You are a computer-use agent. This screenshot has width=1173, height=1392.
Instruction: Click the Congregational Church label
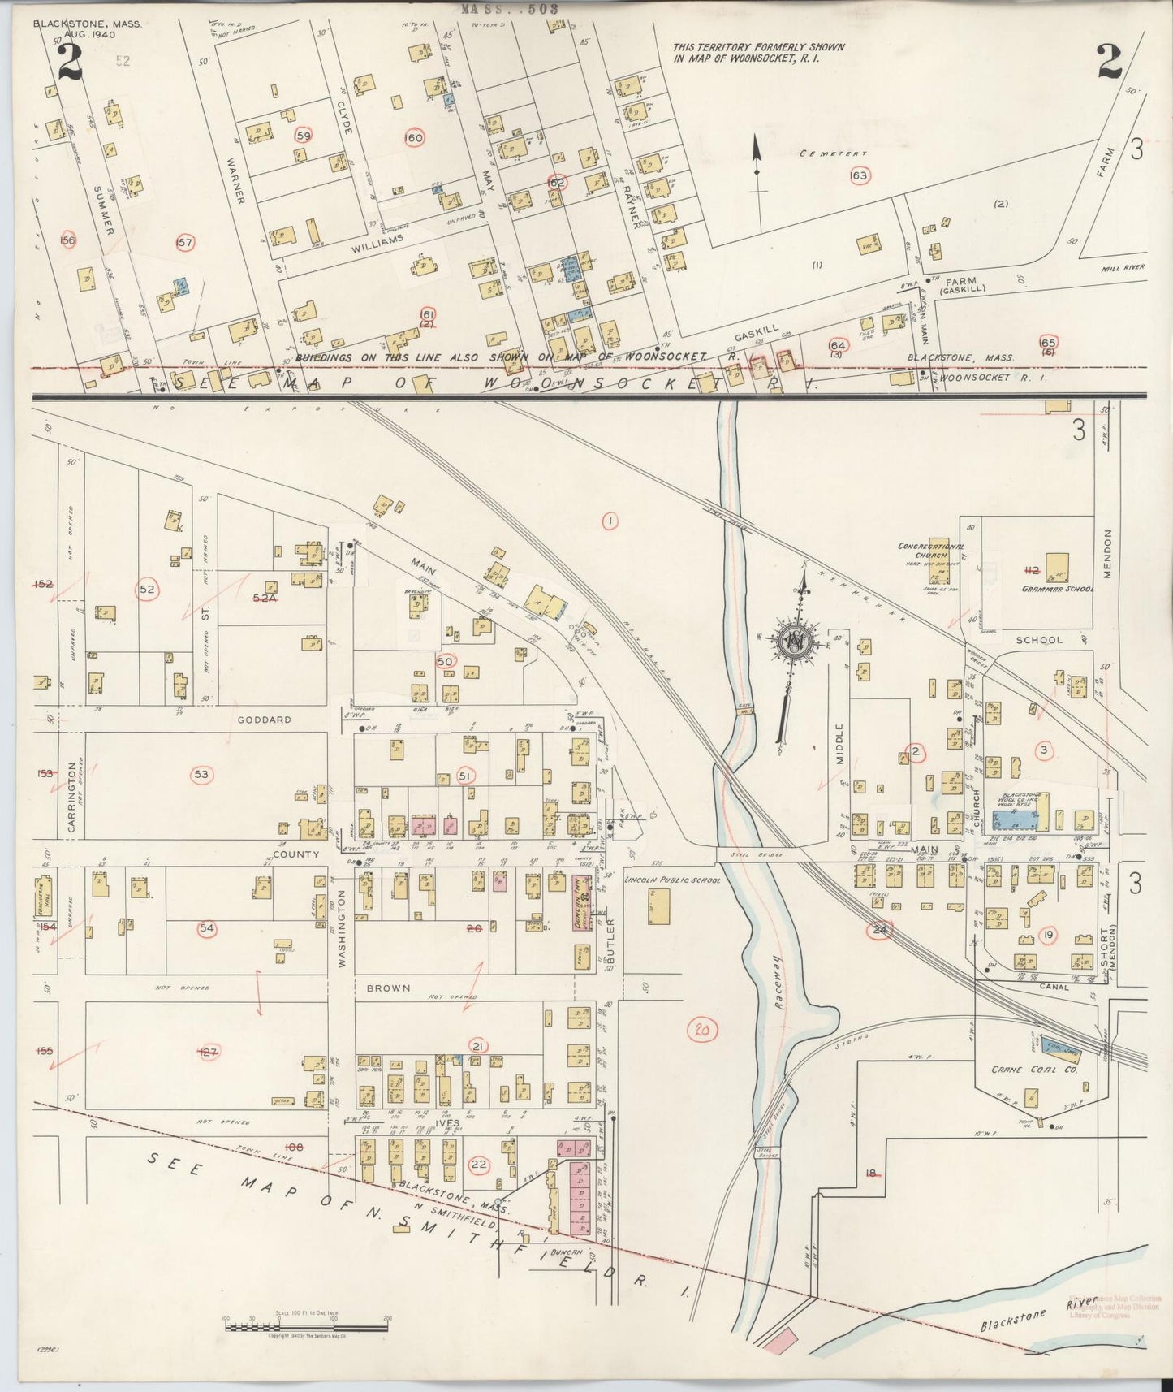tap(930, 551)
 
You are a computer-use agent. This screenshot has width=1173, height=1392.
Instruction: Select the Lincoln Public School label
tap(672, 880)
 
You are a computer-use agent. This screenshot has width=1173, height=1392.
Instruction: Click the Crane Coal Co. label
tap(1046, 1070)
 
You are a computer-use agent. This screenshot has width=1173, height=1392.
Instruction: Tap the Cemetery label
tap(833, 153)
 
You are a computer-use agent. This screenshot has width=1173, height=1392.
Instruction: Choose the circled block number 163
tap(859, 175)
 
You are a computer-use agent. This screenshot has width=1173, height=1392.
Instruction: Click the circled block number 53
tap(201, 775)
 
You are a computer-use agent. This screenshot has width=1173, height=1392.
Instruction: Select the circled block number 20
tap(702, 1031)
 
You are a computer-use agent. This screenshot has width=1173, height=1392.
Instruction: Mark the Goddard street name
tap(264, 720)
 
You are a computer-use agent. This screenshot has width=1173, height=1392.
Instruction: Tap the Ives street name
tap(446, 1123)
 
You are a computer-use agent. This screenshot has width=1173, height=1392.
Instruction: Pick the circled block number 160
tap(414, 138)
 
